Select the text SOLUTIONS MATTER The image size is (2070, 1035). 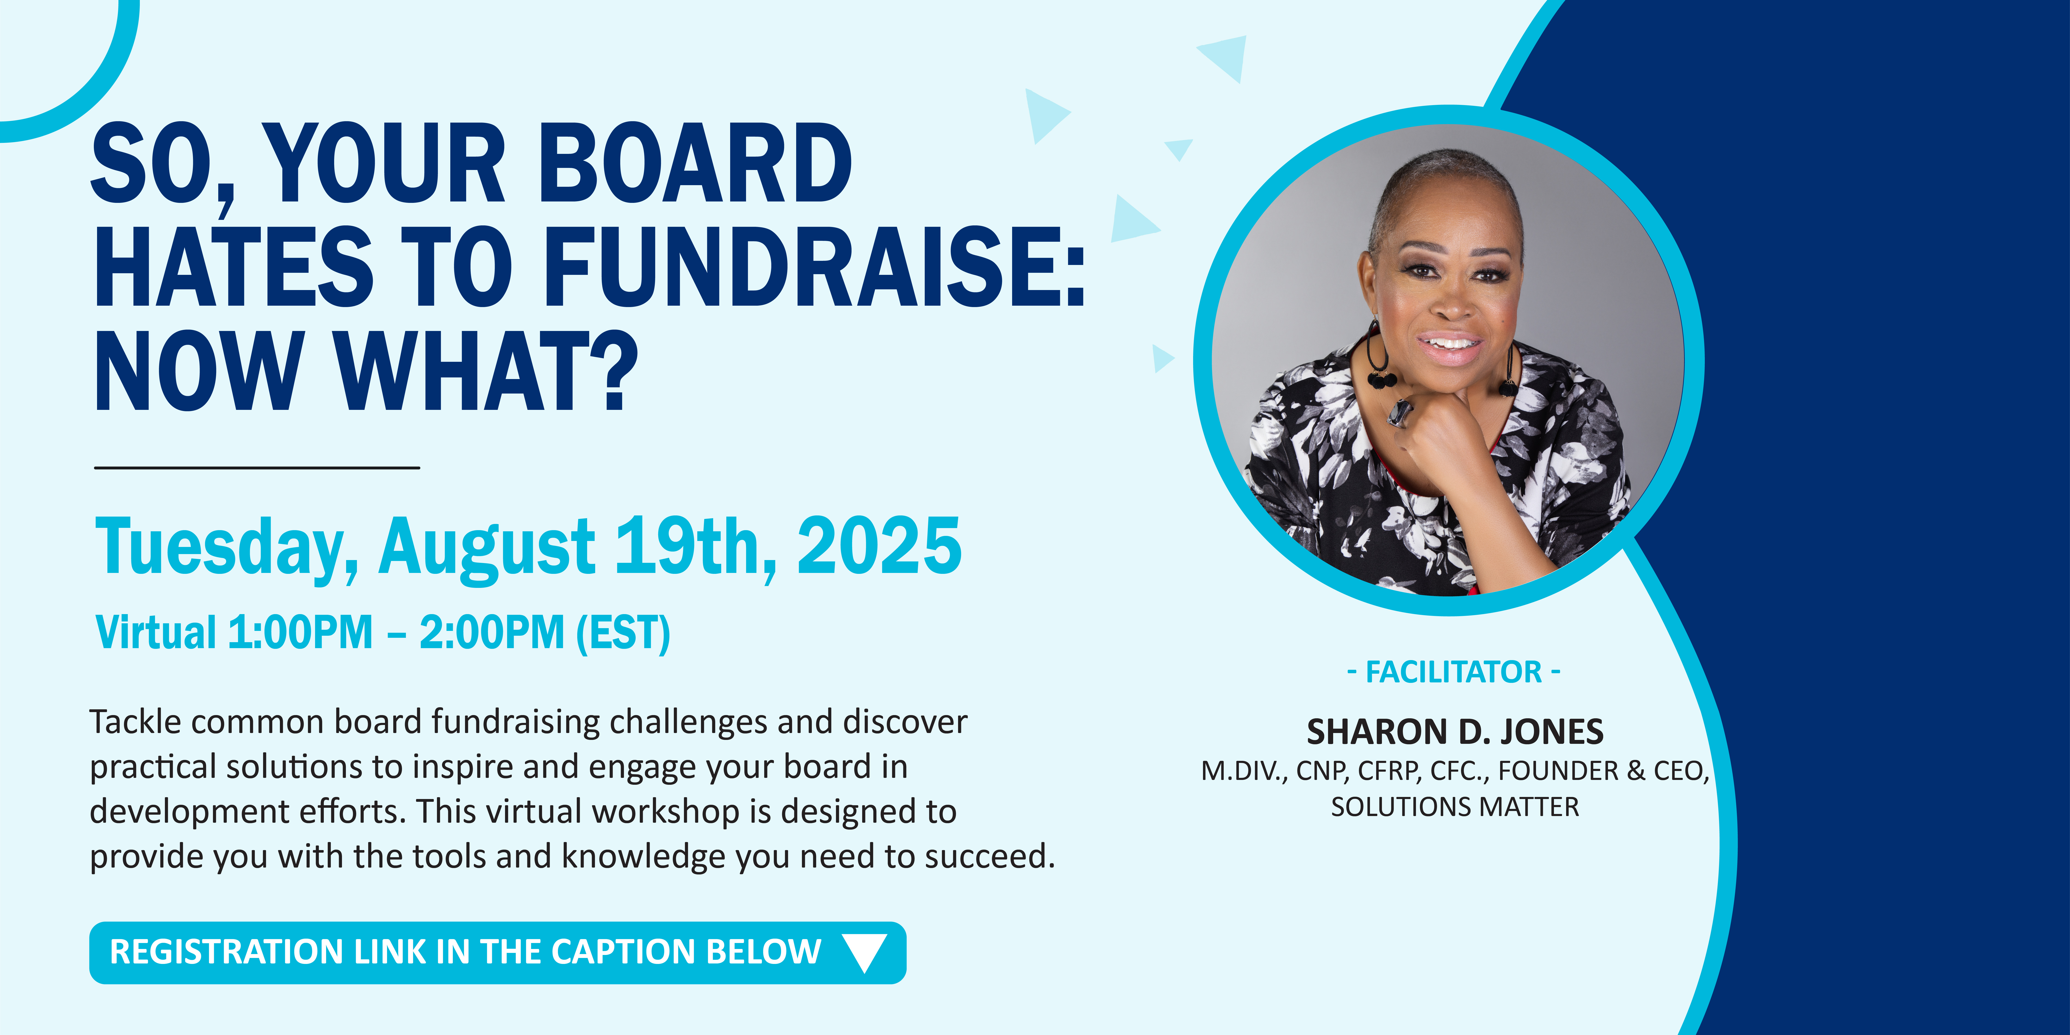click(1454, 807)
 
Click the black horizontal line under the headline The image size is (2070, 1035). click(257, 467)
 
